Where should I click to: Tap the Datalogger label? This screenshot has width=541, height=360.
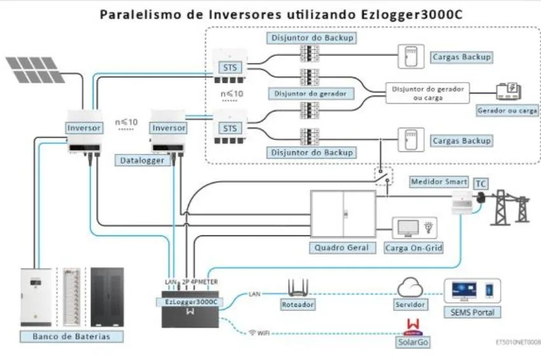142,161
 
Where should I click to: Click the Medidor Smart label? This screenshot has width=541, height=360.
439,182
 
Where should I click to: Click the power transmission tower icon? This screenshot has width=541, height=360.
514,207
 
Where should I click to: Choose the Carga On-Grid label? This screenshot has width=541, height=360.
414,247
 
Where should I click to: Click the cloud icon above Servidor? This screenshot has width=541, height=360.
411,287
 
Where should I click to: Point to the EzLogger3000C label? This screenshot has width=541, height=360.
190,302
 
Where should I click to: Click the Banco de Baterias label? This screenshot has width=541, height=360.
71,336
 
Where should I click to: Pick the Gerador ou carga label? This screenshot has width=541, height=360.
507,110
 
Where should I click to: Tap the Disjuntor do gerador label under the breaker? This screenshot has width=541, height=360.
310,93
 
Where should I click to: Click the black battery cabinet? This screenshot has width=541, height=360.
106,296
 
